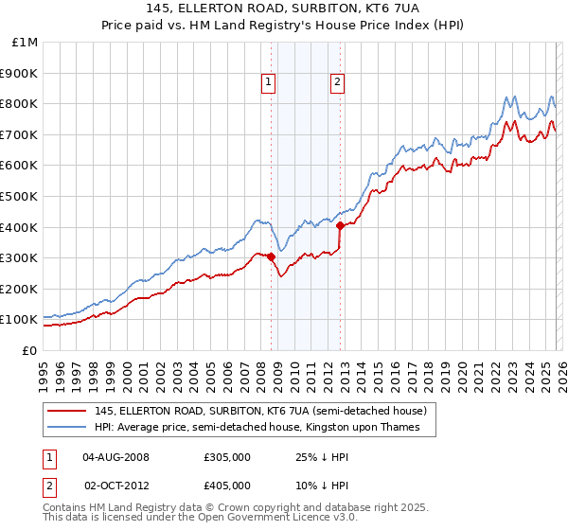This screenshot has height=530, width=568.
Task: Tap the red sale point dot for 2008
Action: tap(271, 256)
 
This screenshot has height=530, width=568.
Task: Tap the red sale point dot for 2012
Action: tap(340, 225)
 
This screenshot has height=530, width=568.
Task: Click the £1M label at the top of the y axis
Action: tap(25, 43)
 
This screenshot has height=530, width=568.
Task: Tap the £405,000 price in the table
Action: tap(226, 486)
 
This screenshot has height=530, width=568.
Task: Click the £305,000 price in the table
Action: tap(226, 456)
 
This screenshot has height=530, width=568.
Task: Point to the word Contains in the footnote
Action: tap(65, 509)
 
